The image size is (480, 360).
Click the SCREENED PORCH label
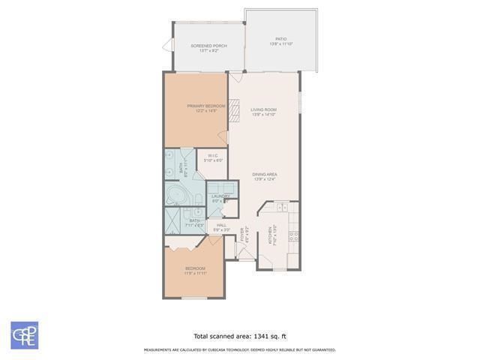point(208,46)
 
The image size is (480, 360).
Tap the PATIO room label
point(280,39)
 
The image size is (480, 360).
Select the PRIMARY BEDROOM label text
point(206,106)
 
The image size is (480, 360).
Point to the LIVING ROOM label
point(263,110)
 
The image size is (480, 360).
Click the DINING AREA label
point(265,175)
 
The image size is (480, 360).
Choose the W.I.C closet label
point(213,156)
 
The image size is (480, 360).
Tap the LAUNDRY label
point(220,196)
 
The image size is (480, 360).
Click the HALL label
point(221,225)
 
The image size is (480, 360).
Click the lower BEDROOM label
point(195,268)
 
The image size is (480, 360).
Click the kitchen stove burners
point(293,234)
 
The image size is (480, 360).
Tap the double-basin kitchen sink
point(282,207)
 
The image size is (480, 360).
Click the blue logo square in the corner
point(24,334)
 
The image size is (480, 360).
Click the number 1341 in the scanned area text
point(247,336)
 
